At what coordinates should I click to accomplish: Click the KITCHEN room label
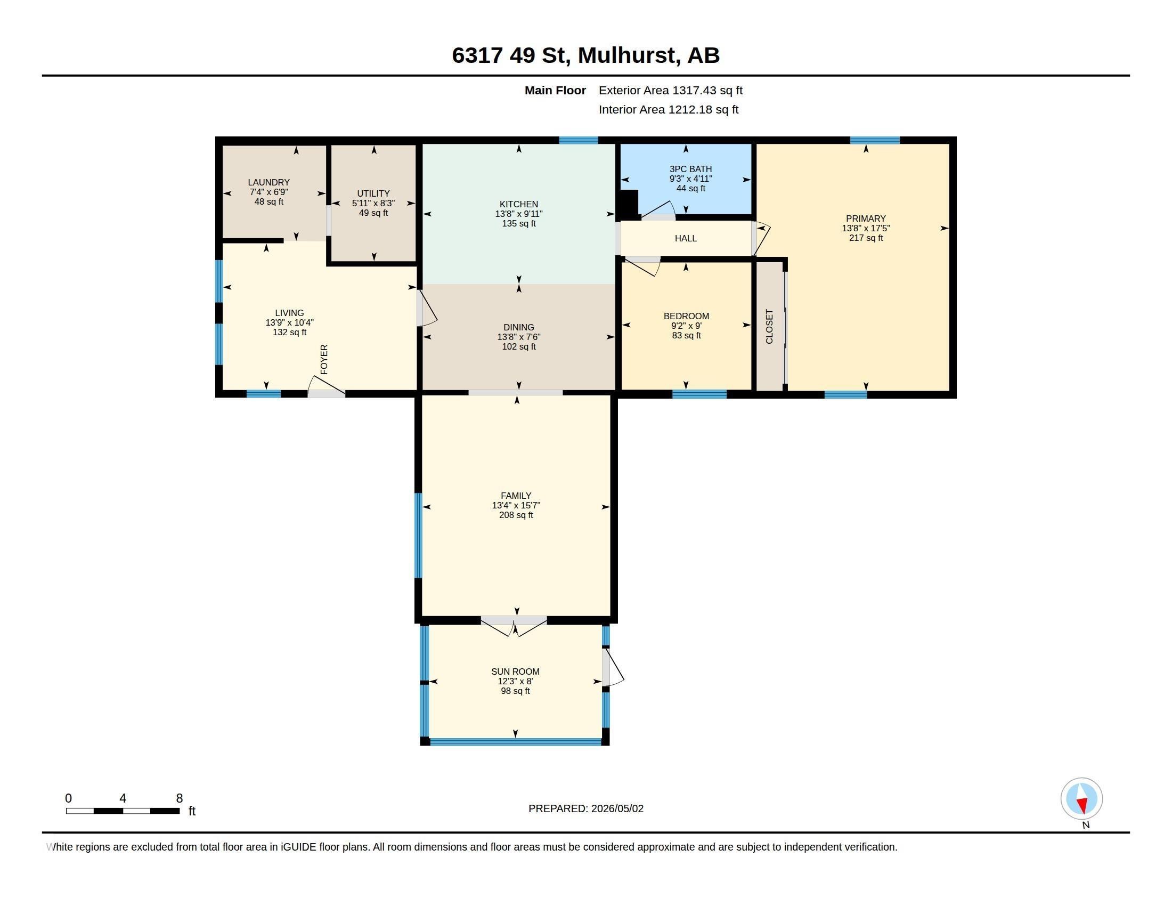tap(518, 204)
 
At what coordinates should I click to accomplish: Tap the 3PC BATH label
tap(690, 169)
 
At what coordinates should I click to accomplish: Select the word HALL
tap(685, 238)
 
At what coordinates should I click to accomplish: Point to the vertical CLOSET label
tap(769, 326)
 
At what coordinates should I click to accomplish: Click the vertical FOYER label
tap(323, 360)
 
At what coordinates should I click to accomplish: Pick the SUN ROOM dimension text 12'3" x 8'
tap(515, 681)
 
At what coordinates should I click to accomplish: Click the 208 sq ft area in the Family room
tap(516, 515)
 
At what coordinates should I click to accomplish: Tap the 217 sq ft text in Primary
tap(866, 238)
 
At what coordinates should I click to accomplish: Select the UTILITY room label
tap(373, 194)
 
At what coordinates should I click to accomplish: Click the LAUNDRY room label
tap(268, 182)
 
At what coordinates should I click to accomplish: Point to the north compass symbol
tap(1081, 799)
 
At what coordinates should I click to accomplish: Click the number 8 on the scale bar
tap(179, 798)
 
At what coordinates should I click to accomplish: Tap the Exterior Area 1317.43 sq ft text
tap(670, 91)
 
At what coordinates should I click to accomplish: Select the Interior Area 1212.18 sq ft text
tap(668, 109)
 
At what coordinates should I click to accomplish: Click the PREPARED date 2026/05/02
tap(617, 808)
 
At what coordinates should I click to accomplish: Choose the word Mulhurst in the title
tap(626, 55)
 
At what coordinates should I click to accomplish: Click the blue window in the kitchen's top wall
tap(579, 141)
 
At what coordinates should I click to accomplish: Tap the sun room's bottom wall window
tap(515, 742)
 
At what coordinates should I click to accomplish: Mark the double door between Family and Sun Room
tap(514, 626)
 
